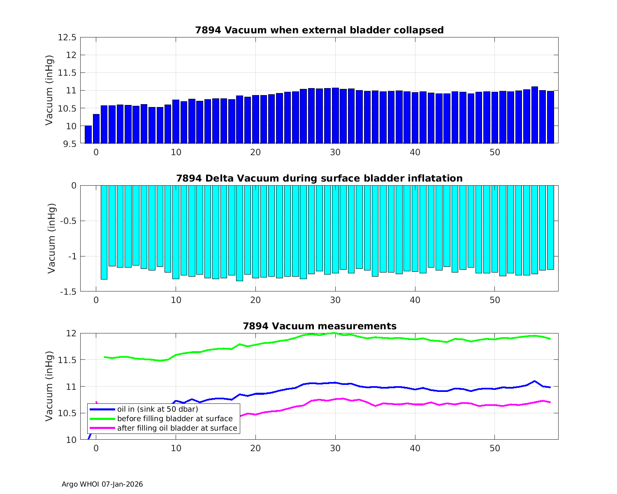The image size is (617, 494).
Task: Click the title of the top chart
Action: point(319,30)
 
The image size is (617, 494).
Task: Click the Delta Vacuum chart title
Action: point(319,178)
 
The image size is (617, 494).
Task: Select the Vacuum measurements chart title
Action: point(319,326)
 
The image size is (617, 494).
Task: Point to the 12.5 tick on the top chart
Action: point(67,37)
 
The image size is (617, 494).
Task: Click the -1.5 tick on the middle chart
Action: point(68,292)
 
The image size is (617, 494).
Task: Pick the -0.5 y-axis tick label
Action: point(68,221)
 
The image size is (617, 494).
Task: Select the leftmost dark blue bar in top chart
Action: point(88,135)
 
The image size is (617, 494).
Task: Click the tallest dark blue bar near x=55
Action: point(535,115)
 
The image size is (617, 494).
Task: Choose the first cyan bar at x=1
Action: point(104,232)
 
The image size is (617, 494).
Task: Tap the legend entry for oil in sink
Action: point(158,409)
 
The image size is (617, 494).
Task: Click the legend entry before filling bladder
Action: point(175,419)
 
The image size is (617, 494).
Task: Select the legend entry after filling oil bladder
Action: point(177,428)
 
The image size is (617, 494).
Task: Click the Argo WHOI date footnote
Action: point(102,484)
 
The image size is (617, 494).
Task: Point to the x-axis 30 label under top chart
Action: point(335,152)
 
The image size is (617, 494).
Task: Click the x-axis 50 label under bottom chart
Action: point(495,448)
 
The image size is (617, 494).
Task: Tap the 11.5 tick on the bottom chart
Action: point(67,360)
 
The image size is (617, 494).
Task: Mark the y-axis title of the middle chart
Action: point(52,238)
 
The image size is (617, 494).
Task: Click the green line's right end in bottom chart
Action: point(550,339)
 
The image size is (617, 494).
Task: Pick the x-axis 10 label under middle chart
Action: point(176,300)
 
